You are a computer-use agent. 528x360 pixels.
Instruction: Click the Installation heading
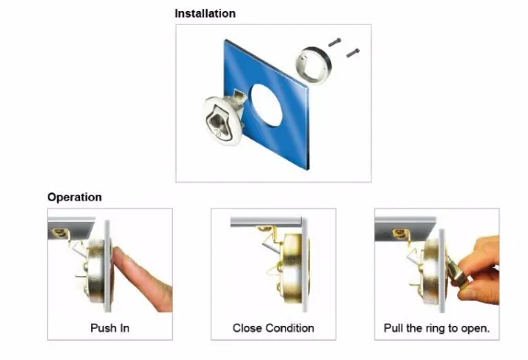coord(205,14)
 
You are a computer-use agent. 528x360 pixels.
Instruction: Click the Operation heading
coord(75,197)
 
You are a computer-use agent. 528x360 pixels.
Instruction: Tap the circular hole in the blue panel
coord(267,106)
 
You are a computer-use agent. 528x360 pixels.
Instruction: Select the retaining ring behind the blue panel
coord(314,64)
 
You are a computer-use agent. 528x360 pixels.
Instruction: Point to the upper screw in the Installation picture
coord(335,42)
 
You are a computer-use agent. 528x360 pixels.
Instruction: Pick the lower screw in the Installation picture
coord(353,52)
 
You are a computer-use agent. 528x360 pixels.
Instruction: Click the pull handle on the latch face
coord(219,124)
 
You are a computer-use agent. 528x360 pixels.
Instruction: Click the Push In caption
coord(109,328)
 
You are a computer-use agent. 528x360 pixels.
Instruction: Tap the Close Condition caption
coord(273,328)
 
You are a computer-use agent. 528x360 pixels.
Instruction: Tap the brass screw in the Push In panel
coord(59,232)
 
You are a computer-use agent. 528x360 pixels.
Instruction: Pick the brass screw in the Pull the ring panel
coord(400,233)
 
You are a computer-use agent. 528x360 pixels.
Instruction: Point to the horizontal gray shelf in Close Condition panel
coord(266,222)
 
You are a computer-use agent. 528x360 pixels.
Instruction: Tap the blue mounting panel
coord(266,104)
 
